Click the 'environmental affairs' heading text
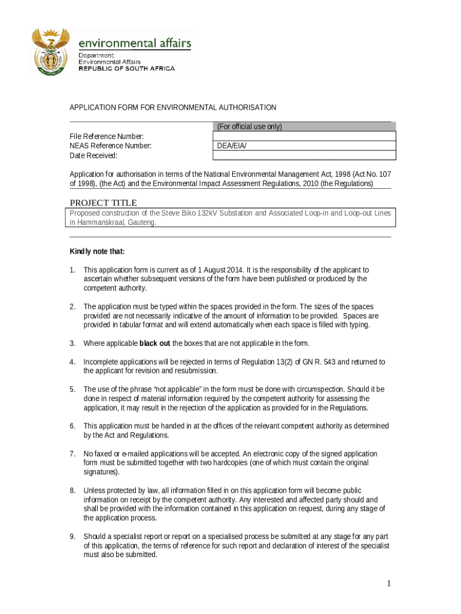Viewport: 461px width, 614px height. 135,43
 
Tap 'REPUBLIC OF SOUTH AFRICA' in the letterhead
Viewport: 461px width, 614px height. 127,69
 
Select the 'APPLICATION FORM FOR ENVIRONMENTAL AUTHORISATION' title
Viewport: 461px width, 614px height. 173,108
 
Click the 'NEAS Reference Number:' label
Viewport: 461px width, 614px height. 111,146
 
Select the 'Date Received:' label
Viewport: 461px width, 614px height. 93,156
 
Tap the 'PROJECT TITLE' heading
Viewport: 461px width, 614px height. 104,203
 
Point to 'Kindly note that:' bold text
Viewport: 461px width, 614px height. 97,251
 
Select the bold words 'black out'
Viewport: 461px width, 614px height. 154,344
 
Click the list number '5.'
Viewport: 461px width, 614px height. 72,390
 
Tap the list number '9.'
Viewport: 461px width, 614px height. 72,537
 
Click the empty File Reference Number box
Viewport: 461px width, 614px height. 304,136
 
